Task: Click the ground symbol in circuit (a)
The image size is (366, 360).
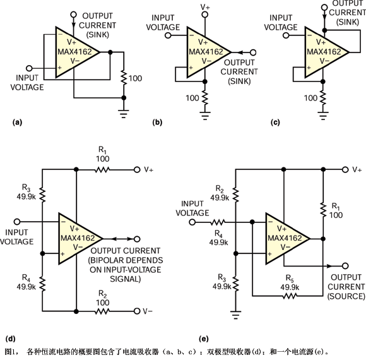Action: tap(124, 114)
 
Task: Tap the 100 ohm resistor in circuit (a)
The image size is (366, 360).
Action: tap(124, 78)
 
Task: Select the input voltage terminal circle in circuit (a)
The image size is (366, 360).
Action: tap(29, 68)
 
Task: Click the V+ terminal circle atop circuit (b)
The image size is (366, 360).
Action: tap(204, 15)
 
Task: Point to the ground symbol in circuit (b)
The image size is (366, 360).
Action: tap(205, 116)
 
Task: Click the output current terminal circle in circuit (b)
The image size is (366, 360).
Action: tap(253, 52)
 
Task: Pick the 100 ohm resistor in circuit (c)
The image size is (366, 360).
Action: tap(323, 98)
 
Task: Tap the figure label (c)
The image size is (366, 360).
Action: tap(275, 123)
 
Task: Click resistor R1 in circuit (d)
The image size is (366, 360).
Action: tap(102, 170)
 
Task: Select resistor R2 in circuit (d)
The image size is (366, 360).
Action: tap(102, 311)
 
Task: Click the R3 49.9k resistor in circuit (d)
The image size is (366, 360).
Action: tap(42, 195)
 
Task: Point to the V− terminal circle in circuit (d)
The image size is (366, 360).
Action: tap(137, 311)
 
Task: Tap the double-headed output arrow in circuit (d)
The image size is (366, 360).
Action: tap(122, 239)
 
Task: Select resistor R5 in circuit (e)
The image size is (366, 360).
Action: tap(290, 296)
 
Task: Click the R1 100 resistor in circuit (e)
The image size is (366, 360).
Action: tap(323, 210)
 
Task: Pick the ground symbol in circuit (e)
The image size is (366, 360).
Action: tap(235, 315)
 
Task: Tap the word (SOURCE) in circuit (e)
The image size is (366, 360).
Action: tap(346, 296)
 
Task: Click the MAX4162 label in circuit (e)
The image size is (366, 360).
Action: tap(285, 238)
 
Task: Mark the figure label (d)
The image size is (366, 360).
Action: tap(10, 339)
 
